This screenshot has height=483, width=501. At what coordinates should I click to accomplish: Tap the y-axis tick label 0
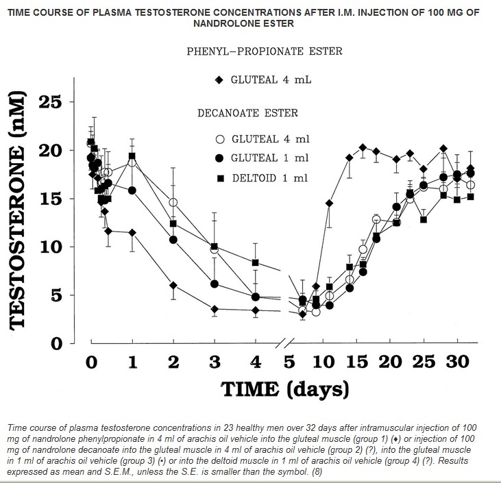point(57,344)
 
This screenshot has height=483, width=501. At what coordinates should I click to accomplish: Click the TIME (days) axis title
point(284,390)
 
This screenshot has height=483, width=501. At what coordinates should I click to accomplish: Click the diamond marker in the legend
point(219,79)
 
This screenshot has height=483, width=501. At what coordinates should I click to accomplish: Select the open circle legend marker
point(220,139)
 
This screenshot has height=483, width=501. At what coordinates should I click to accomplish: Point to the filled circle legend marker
point(220,158)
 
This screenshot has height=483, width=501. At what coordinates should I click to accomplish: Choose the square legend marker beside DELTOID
point(220,177)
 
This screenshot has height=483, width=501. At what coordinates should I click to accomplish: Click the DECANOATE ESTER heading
point(247,113)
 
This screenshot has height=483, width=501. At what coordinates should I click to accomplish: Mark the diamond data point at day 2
point(173,285)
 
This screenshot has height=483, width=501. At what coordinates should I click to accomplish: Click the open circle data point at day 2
point(173,203)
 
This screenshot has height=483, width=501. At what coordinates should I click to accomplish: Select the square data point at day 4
point(256,263)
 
